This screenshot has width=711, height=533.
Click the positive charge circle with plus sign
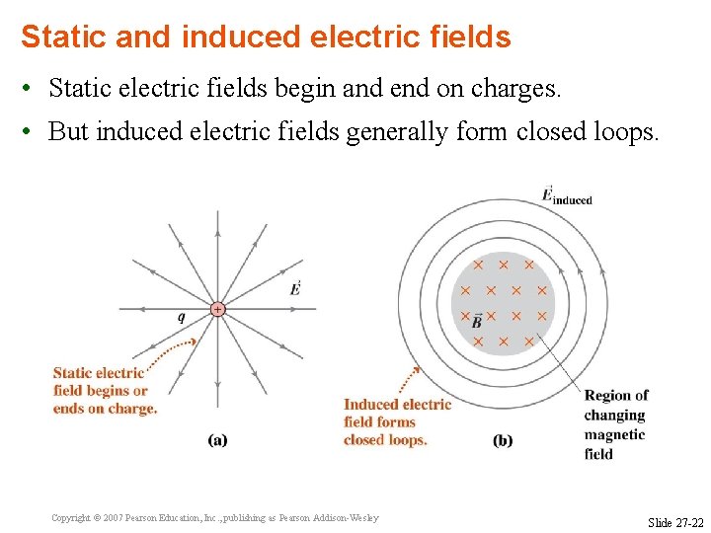[x=217, y=309]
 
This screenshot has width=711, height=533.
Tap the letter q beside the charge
[x=181, y=318]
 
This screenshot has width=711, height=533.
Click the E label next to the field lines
[x=295, y=288]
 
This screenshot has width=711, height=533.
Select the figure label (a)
[x=217, y=440]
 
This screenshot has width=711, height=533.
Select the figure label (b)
[x=503, y=440]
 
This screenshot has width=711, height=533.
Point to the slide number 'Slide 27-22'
[x=675, y=521]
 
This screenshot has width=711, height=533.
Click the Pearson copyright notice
[x=214, y=518]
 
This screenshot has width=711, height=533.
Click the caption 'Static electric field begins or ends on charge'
[x=105, y=391]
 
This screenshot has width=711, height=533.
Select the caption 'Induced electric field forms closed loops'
[x=397, y=421]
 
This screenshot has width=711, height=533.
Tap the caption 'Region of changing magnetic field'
[x=615, y=424]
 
